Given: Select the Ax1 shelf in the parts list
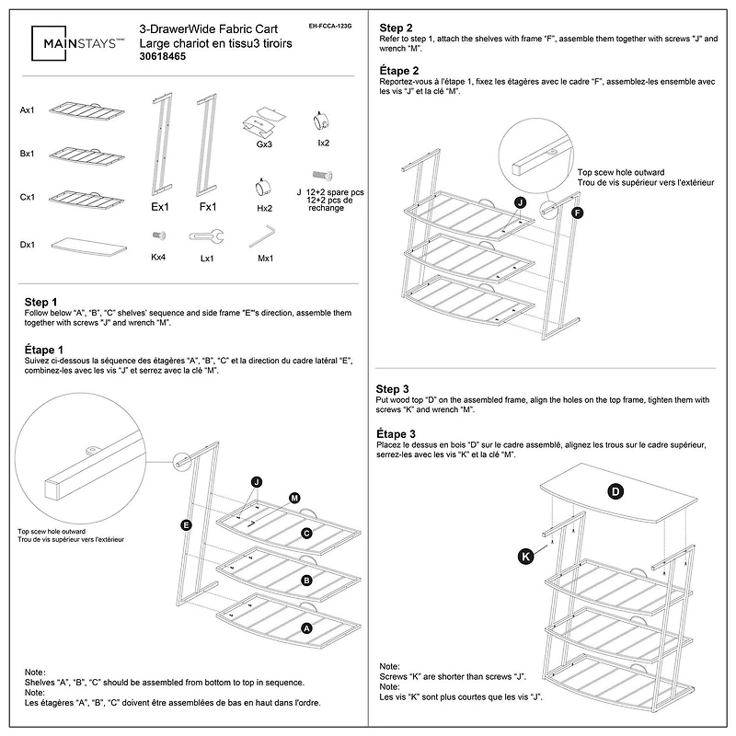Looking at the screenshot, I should [x=87, y=111].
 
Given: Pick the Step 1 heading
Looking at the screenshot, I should [x=41, y=302].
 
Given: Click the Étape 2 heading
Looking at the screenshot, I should [x=400, y=70].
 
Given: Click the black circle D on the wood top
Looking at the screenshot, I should [x=615, y=491].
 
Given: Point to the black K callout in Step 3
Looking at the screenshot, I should [x=525, y=556].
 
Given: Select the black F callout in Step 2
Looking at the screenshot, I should [x=577, y=213].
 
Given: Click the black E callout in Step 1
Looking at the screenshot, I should [x=186, y=525].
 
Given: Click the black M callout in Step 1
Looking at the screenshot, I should [x=294, y=498].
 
